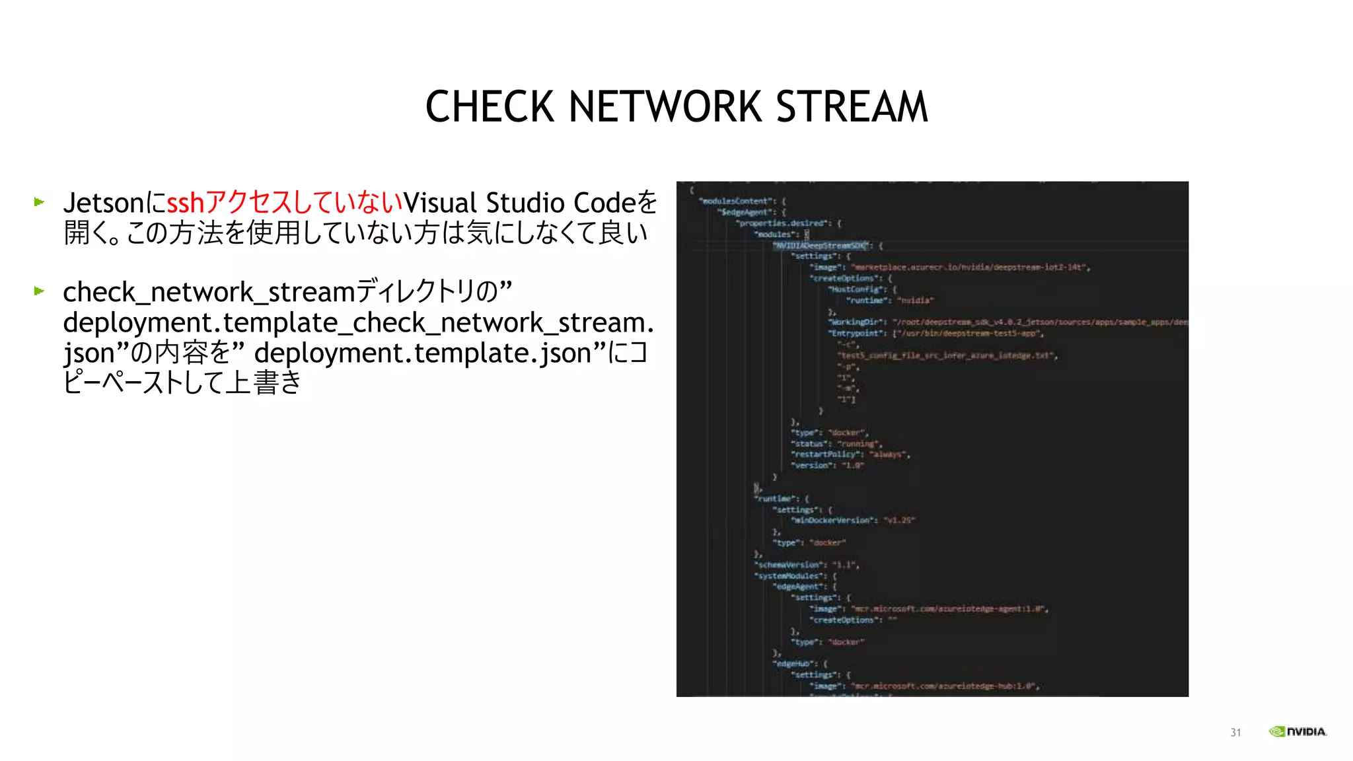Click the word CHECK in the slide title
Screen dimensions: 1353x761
489,107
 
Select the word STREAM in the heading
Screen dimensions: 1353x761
852,107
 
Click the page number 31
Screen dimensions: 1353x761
1235,733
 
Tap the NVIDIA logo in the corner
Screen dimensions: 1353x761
1298,731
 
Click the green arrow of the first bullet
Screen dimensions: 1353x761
40,202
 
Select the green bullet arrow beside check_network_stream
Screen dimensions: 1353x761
40,291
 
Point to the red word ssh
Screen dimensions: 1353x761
186,203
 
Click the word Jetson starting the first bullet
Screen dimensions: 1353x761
103,203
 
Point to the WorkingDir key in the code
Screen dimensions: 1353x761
857,322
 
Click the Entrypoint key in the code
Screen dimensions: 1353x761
857,334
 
